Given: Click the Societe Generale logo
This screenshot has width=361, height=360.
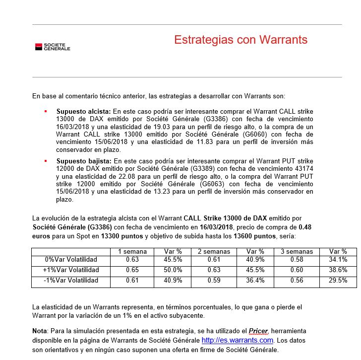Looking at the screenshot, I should [53, 47].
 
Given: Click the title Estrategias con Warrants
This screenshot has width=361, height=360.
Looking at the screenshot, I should [241, 40].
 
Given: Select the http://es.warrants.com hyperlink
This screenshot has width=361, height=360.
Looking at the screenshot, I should [237, 340].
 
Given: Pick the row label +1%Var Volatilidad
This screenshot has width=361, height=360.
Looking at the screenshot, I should [71, 270].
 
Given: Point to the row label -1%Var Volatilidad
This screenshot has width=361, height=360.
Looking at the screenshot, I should [71, 281].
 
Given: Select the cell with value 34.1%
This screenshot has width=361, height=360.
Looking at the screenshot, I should [338, 260].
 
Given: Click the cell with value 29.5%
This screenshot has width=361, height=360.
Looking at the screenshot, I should [338, 281].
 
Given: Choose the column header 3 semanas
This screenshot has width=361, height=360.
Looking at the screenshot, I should [296, 251].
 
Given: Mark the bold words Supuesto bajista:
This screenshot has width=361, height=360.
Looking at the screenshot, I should [84, 161].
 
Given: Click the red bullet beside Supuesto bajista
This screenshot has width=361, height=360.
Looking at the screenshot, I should [46, 161].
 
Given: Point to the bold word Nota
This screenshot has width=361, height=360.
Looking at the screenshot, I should [39, 331].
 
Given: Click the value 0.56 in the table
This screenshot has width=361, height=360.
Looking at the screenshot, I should [297, 281].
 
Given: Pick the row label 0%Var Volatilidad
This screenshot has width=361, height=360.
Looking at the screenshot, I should [71, 260].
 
